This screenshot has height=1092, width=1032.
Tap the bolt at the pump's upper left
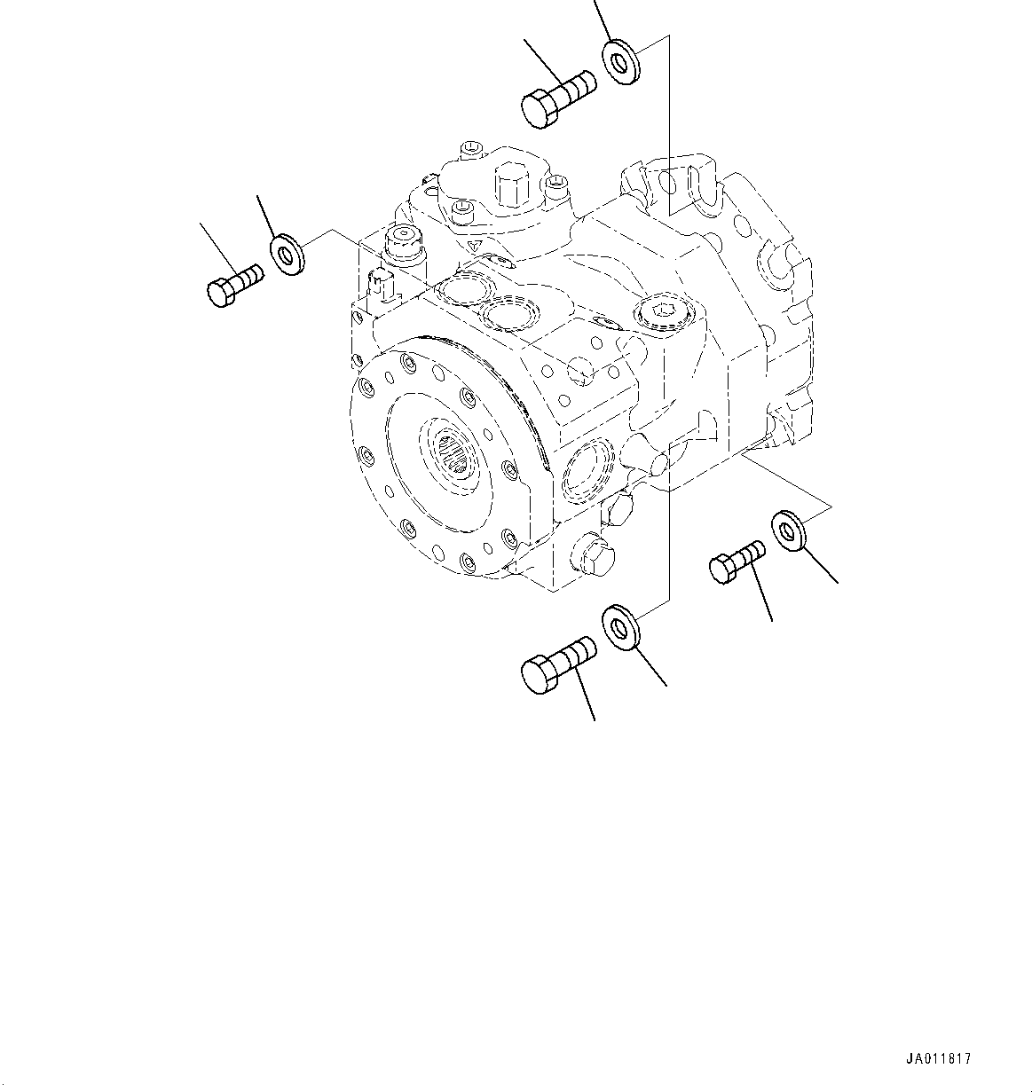[x=234, y=284]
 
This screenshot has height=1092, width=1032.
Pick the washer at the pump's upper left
[x=286, y=255]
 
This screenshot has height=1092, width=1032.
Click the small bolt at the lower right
[x=736, y=562]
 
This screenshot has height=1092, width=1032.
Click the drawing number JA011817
[x=939, y=1058]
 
